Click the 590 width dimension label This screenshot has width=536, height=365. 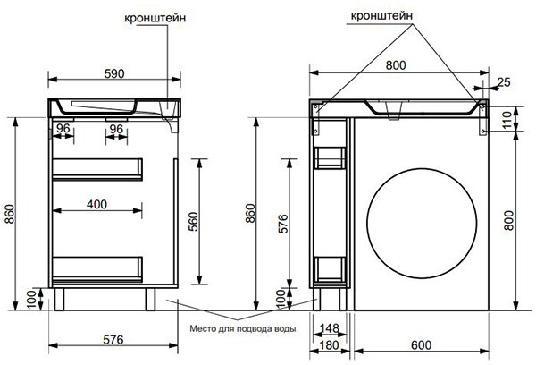(114, 73)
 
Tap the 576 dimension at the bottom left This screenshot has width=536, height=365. (113, 339)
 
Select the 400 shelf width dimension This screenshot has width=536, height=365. (96, 204)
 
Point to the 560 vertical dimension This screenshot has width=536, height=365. (194, 222)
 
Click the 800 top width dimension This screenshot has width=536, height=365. (396, 65)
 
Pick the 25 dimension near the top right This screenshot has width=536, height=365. (504, 82)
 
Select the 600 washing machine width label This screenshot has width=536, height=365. (421, 345)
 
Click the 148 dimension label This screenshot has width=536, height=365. (329, 328)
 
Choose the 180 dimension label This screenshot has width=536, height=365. (329, 345)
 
